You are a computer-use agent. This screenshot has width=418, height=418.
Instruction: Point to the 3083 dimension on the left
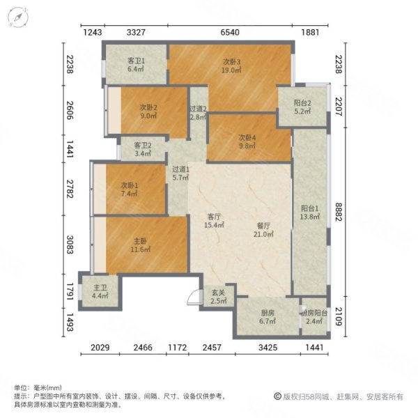point(68,245)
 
